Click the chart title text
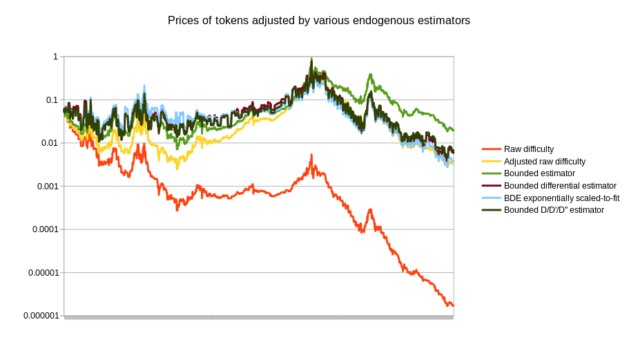318,21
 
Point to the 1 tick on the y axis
55,57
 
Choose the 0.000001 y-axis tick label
40,316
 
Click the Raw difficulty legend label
529,149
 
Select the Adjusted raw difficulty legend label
545,161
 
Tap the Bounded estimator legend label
539,173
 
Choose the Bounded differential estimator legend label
560,185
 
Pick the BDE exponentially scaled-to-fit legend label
561,198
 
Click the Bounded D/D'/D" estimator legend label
554,210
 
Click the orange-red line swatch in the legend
491,149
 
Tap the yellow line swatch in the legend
491,161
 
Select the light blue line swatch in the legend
491,198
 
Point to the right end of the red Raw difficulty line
453,305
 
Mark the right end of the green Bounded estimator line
453,130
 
